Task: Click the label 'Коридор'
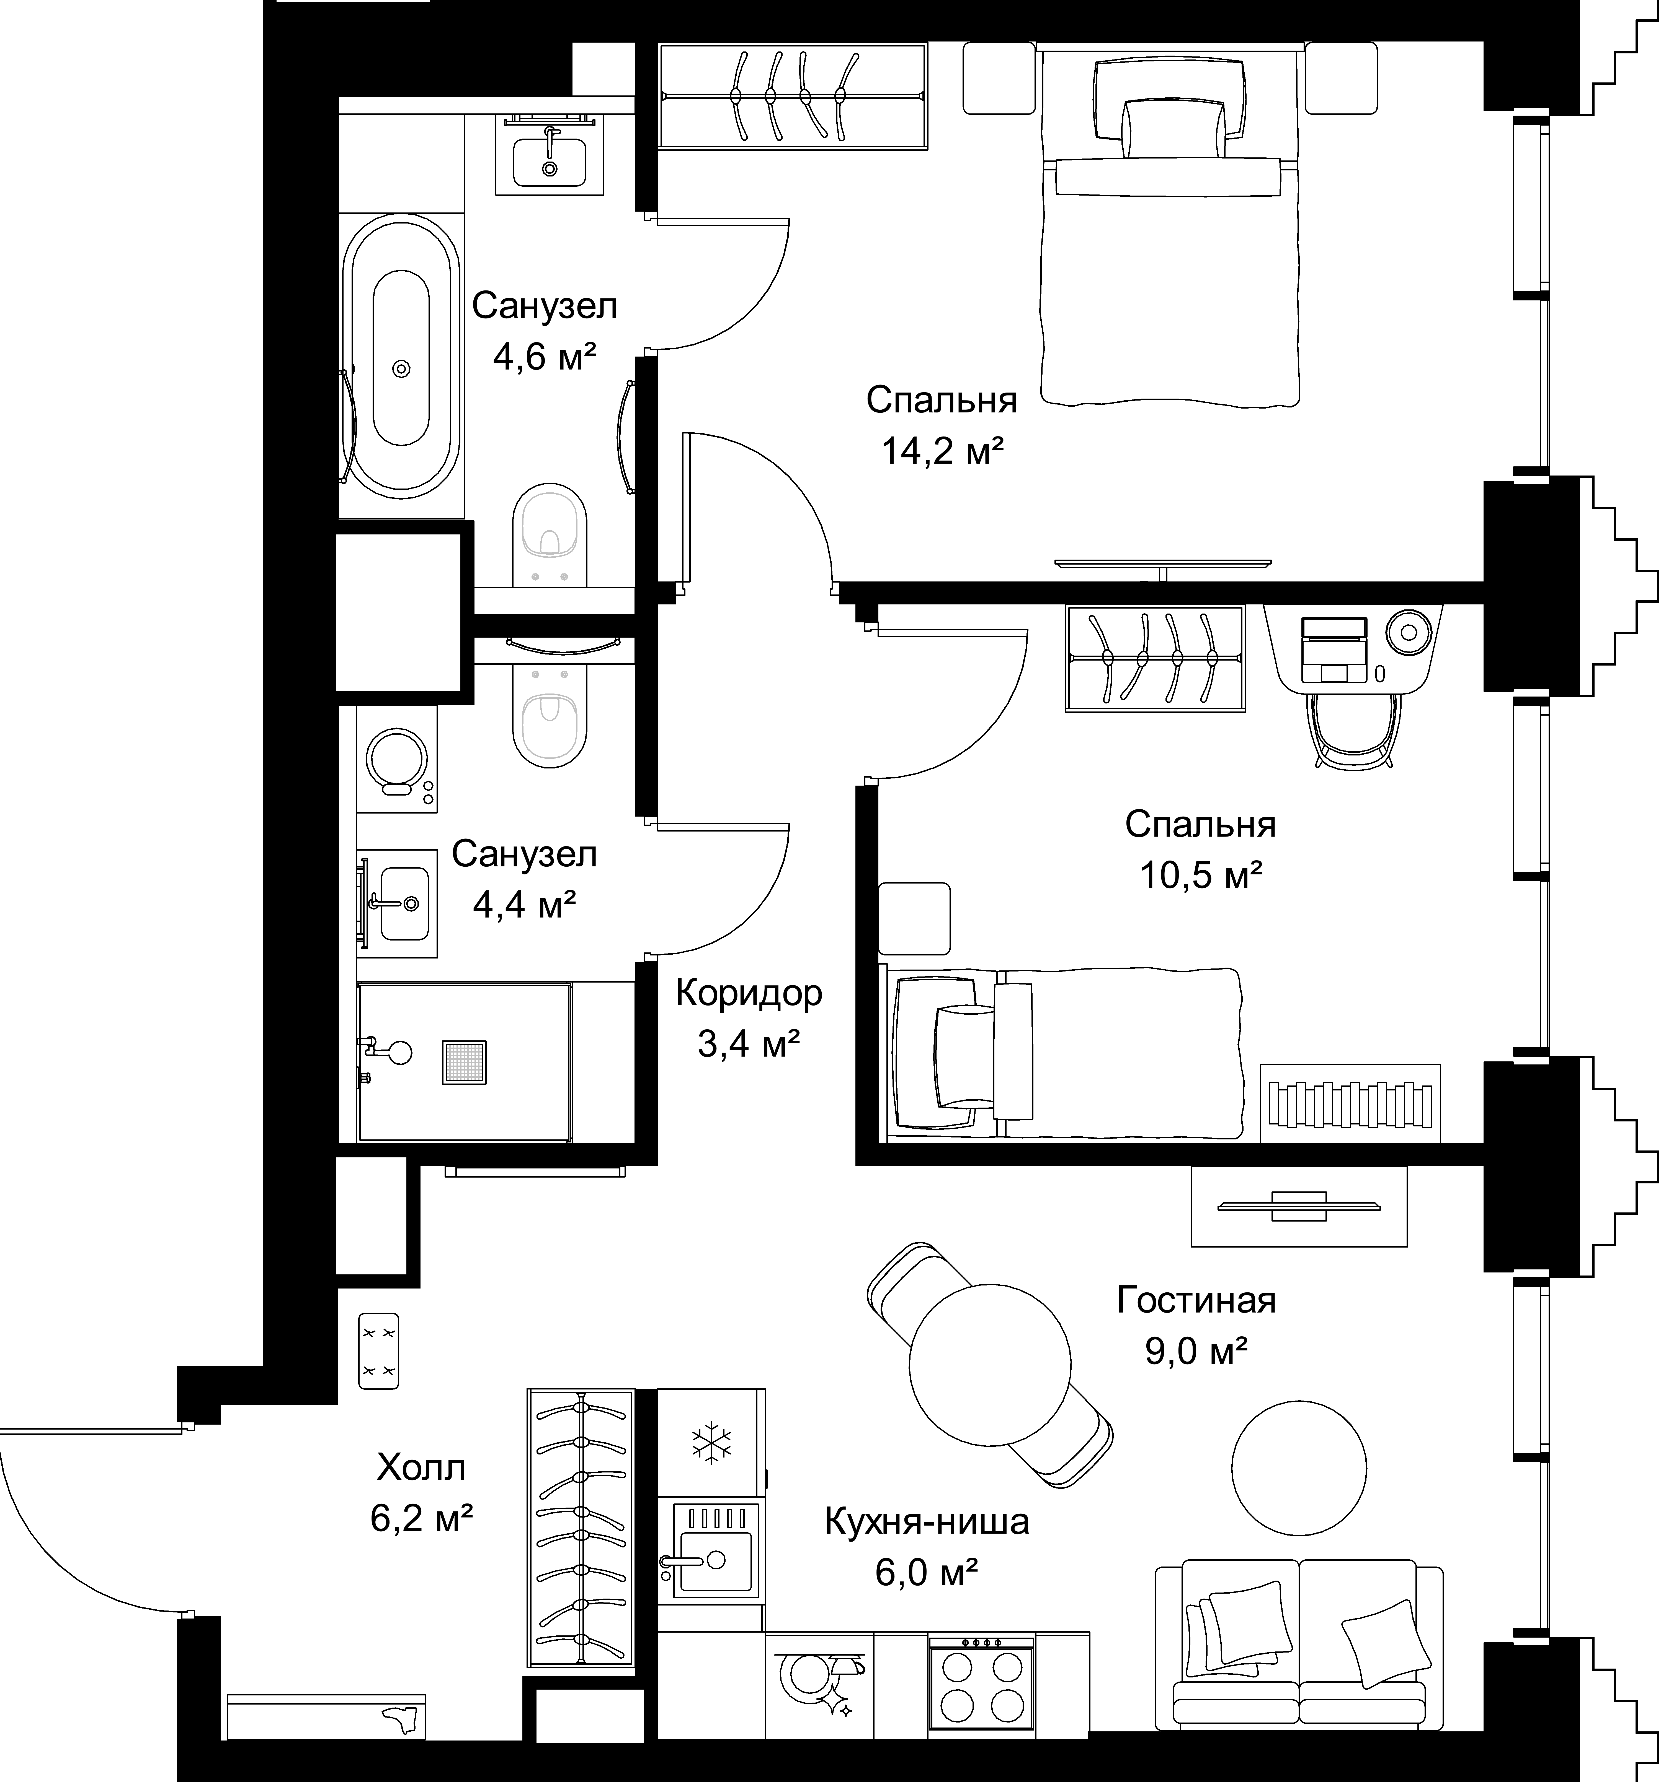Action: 749,993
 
